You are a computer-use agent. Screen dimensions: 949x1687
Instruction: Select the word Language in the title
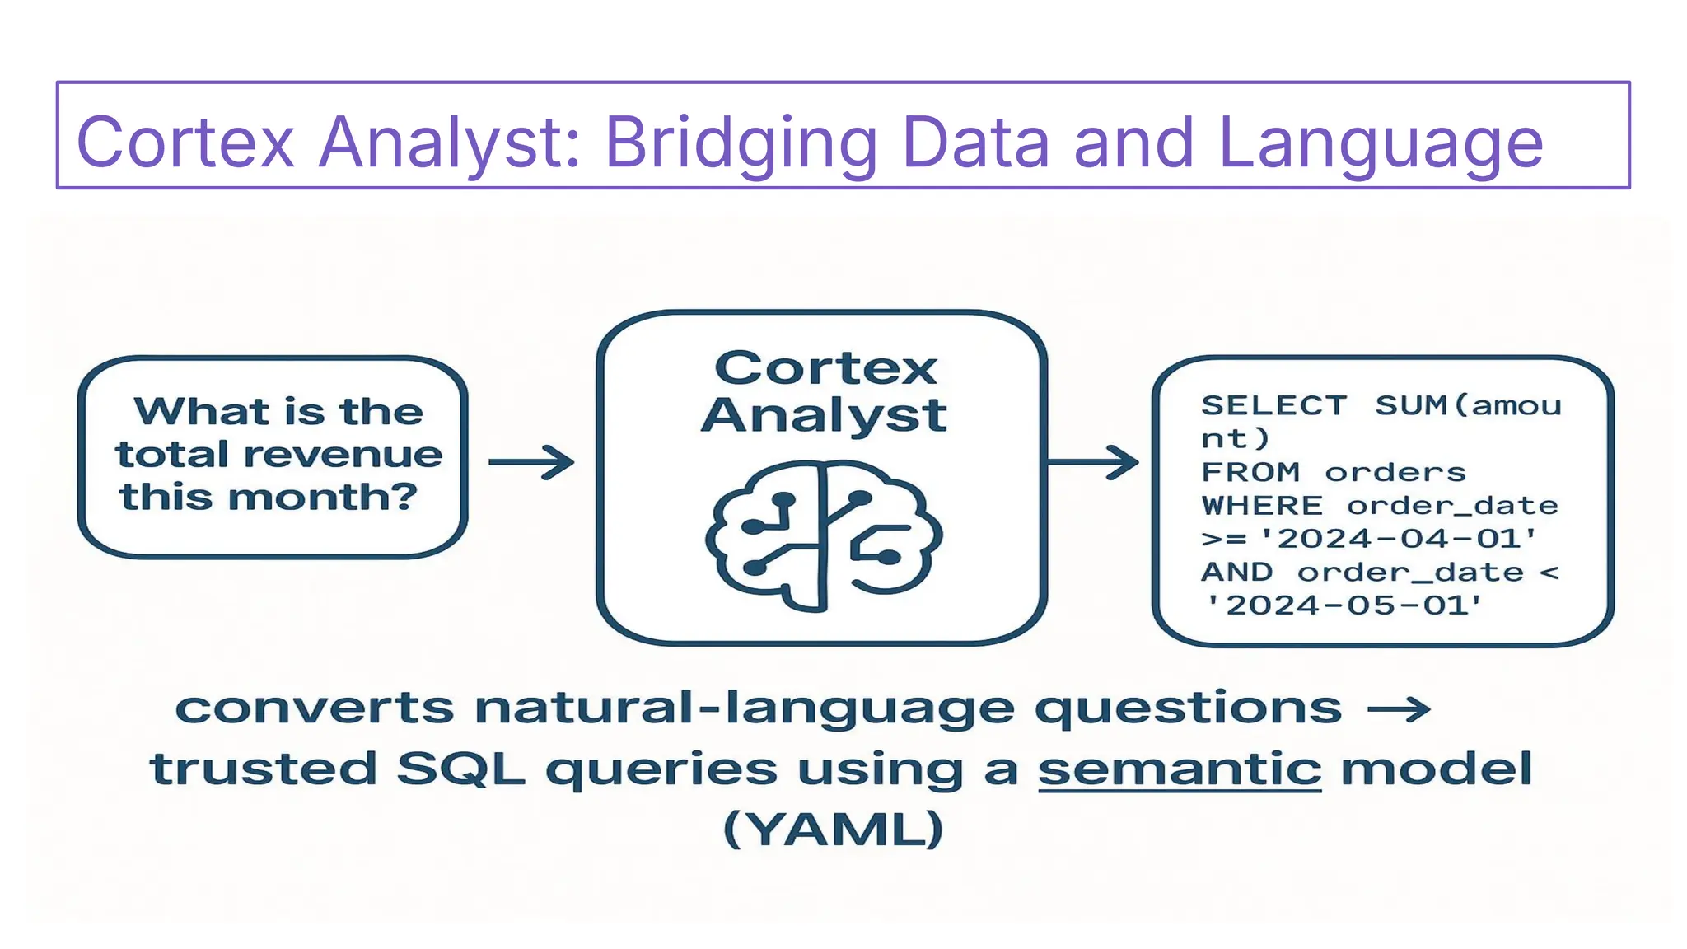(1380, 144)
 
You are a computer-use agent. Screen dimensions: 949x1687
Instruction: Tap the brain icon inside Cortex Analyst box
(824, 535)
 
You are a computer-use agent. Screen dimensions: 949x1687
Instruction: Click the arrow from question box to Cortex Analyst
(531, 462)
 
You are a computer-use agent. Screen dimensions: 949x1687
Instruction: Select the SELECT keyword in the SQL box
(1273, 405)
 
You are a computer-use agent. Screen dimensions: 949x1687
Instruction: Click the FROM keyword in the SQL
(1250, 472)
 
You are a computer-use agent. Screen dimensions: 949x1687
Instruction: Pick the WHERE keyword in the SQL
(1262, 505)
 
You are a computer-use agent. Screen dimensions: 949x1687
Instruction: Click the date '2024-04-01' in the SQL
(1399, 539)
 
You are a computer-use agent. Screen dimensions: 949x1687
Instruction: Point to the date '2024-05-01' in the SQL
(1344, 605)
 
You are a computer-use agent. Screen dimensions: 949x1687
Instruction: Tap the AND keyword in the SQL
(1237, 572)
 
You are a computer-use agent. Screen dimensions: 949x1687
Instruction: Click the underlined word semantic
(1179, 769)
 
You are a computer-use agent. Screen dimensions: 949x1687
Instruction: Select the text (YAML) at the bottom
(833, 829)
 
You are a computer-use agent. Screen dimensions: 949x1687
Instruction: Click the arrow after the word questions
(1398, 708)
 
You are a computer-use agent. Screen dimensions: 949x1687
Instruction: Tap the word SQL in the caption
(460, 769)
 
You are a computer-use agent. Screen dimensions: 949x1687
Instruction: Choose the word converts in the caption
(315, 708)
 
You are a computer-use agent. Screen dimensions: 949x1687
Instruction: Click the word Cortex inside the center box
(825, 368)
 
